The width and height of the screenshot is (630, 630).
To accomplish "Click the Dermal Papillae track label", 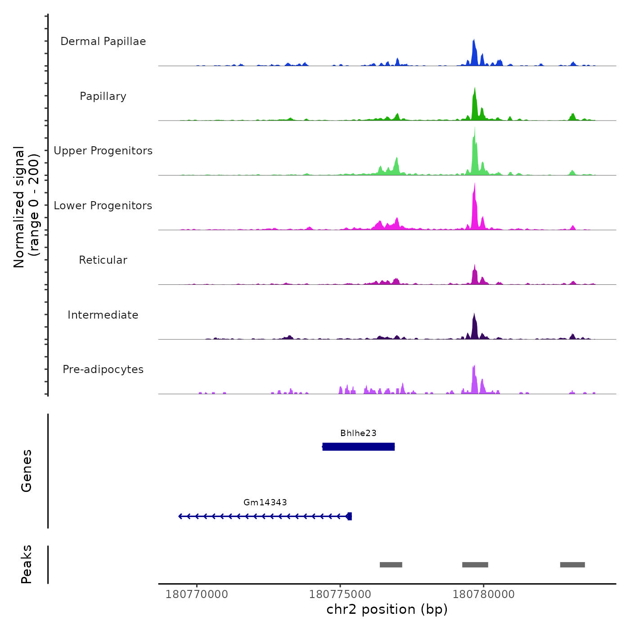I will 103,41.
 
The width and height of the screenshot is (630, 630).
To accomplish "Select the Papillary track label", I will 103,96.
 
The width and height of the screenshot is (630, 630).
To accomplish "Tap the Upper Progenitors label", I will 103,151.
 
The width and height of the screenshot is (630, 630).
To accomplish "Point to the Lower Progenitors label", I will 103,206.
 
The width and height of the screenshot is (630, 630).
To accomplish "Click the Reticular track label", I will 103,260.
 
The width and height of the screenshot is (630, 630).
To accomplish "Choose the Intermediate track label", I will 103,315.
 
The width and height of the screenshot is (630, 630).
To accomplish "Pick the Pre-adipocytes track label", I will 103,369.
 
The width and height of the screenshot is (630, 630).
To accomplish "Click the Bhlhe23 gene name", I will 358,433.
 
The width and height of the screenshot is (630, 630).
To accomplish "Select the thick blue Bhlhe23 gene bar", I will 358,447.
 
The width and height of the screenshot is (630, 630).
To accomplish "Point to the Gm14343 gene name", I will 265,503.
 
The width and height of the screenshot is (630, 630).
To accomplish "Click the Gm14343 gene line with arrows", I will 265,516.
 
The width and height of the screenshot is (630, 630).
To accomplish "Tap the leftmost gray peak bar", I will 391,565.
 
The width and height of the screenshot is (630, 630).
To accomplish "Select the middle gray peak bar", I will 475,565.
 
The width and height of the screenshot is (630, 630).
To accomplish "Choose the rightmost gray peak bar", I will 572,565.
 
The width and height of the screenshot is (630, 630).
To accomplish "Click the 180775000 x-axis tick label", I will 340,594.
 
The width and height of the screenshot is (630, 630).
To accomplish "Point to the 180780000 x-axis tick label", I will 484,594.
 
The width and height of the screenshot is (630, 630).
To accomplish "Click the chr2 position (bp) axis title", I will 387,610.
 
